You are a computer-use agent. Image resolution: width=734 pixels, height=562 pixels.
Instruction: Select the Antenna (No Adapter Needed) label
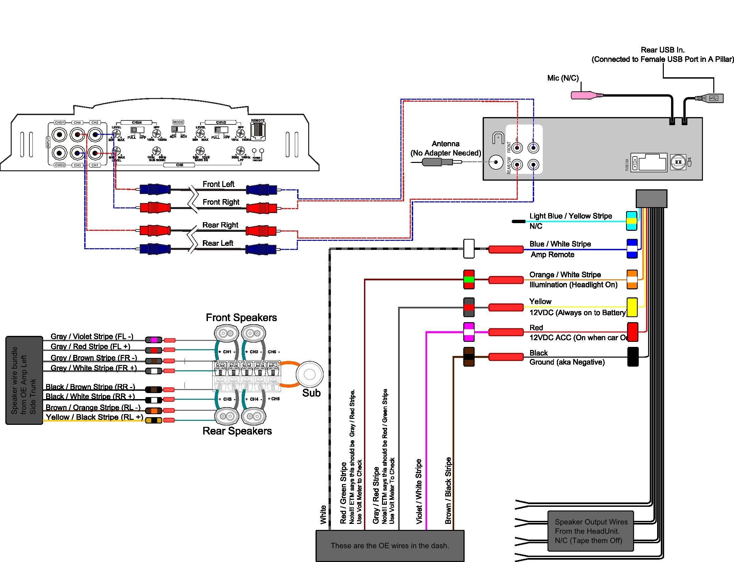[x=446, y=148]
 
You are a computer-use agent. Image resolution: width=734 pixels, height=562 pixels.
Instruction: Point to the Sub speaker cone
[x=310, y=374]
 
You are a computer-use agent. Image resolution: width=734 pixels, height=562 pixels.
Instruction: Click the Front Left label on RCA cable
[x=218, y=184]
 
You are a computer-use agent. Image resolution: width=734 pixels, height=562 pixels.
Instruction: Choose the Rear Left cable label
[x=218, y=243]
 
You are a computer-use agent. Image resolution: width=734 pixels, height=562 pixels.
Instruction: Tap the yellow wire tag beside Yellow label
[x=632, y=307]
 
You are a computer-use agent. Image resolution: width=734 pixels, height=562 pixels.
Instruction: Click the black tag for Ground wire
[x=633, y=357]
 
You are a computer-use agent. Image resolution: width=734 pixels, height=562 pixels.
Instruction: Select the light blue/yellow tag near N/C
[x=631, y=221]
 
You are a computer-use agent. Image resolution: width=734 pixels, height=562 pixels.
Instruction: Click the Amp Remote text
[x=553, y=255]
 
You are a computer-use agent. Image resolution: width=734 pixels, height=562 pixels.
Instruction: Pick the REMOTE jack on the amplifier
[x=258, y=131]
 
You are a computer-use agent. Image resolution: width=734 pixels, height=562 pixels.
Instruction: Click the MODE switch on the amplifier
[x=178, y=129]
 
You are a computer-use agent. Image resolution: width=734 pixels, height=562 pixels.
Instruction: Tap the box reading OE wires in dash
[x=390, y=546]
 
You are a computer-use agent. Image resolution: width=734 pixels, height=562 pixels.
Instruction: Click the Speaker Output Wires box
[x=591, y=531]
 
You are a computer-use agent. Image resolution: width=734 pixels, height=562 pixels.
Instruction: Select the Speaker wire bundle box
[x=24, y=380]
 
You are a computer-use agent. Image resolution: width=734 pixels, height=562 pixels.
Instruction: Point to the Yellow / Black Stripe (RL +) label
[x=94, y=417]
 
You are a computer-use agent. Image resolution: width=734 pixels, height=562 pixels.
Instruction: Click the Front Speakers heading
[x=241, y=317]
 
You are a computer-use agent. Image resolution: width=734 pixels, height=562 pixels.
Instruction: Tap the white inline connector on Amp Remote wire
[x=469, y=249]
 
